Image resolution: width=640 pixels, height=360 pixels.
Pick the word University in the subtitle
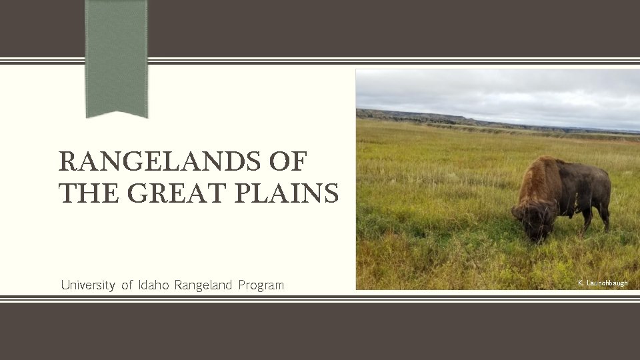[87, 285]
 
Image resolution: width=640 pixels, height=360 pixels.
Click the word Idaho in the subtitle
[154, 285]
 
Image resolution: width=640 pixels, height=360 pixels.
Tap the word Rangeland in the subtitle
[203, 285]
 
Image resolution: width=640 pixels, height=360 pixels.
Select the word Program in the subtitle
[261, 285]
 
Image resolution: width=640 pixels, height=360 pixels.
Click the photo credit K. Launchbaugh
[603, 283]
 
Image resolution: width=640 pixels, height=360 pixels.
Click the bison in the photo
[563, 193]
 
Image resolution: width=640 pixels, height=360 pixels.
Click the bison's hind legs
[603, 217]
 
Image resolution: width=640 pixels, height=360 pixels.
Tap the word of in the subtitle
[127, 285]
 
